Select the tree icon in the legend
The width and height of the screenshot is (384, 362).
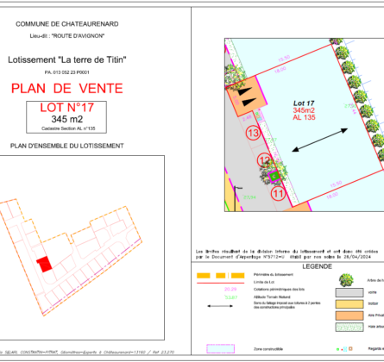(x=347, y=280)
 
